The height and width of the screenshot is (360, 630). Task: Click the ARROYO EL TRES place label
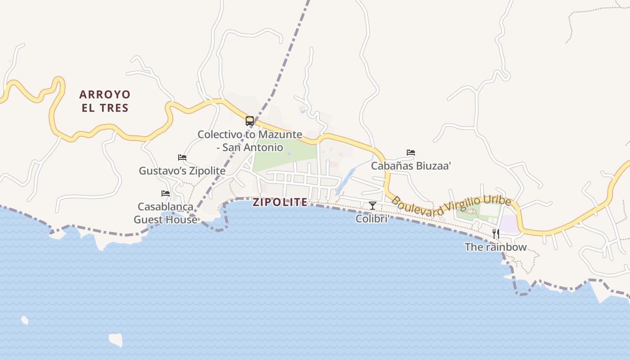[x=104, y=101]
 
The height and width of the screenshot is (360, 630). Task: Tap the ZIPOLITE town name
[x=280, y=202]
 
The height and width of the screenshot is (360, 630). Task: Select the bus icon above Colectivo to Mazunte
[x=250, y=121]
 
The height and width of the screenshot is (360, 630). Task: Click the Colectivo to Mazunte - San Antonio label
[x=250, y=141]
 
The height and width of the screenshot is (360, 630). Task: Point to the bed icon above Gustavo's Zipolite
[x=182, y=157]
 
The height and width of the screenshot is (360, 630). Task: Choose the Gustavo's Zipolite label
[x=182, y=171]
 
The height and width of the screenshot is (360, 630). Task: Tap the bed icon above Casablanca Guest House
[x=166, y=193]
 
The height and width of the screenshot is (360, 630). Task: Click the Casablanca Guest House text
[x=166, y=213]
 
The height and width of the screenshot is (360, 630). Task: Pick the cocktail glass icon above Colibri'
[x=373, y=206]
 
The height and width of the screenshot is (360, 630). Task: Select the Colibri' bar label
[x=372, y=219]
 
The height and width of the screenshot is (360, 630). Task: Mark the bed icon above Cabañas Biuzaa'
[x=411, y=153]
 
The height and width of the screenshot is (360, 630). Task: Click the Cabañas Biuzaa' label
[x=411, y=166]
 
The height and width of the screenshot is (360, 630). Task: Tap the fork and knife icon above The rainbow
[x=495, y=234]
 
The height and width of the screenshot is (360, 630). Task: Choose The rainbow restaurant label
[x=495, y=247]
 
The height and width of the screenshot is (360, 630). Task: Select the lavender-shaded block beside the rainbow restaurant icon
[x=509, y=224]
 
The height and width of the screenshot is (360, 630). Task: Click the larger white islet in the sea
[x=116, y=339]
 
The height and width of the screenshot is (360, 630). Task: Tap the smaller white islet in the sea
[x=25, y=320]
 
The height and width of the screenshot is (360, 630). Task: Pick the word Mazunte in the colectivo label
[x=280, y=135]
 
